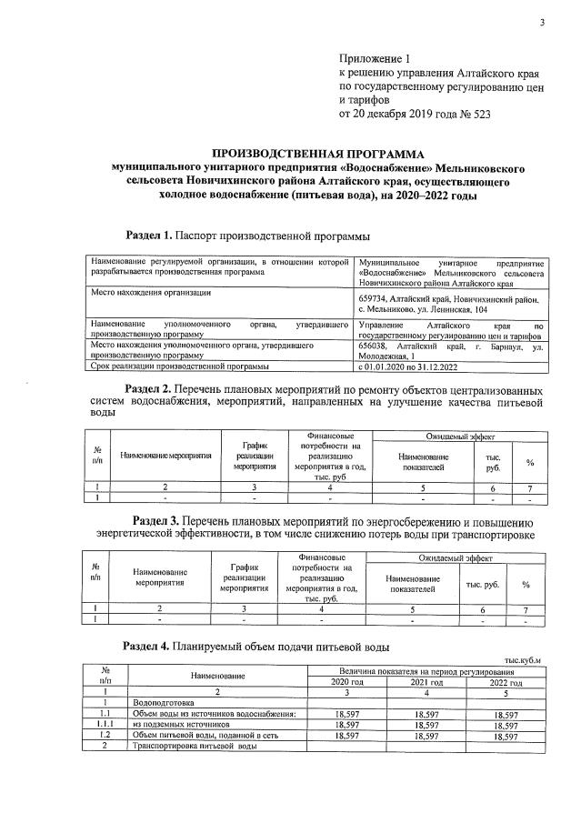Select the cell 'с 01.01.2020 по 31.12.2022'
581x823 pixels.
pyautogui.click(x=408, y=366)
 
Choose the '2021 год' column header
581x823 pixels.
pyautogui.click(x=426, y=682)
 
